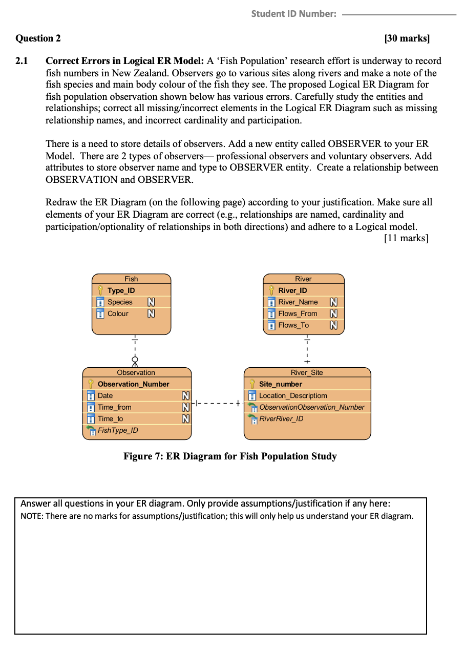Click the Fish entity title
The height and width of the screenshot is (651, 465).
[x=131, y=279]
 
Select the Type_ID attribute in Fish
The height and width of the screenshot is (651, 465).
[x=121, y=290]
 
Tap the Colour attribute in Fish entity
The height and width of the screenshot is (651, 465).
[x=118, y=313]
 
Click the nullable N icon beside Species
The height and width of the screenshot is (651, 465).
[x=152, y=302]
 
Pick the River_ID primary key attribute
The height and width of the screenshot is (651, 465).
[x=292, y=290]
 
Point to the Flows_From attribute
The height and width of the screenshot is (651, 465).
[x=298, y=313]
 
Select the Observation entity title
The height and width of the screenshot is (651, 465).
[x=136, y=372]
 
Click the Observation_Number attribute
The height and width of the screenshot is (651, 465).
[x=133, y=384]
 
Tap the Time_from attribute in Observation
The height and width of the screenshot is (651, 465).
[x=114, y=407]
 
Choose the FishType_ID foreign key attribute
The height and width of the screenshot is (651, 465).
[x=118, y=430]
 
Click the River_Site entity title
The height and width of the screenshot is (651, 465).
[x=307, y=372]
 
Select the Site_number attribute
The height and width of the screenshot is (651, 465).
[x=280, y=384]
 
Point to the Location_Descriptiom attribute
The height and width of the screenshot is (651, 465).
[x=292, y=395]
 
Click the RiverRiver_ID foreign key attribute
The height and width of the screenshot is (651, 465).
[x=281, y=418]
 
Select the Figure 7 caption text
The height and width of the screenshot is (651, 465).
[x=230, y=456]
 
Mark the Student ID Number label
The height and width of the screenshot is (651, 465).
[x=293, y=14]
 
